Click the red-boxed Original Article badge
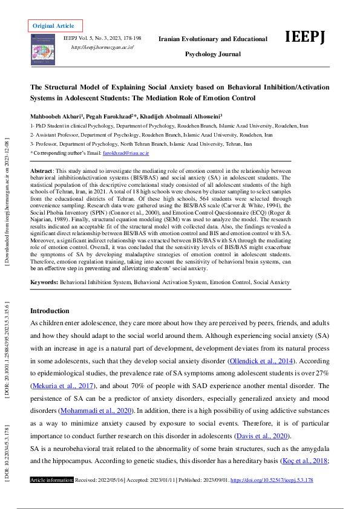54,25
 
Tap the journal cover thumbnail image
44,49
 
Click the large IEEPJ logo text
305,38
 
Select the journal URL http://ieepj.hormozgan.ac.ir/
102,47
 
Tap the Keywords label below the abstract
44,282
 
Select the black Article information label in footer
52,497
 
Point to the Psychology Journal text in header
212,54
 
